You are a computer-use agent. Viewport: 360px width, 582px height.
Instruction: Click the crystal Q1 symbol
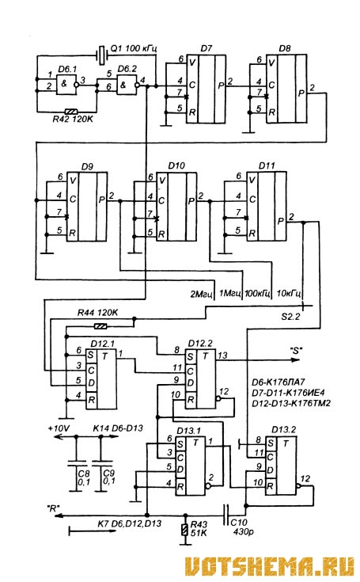pos(102,55)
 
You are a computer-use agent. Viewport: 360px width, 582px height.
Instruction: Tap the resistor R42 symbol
pos(71,112)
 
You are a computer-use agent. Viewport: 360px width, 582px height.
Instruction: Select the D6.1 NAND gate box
pos(66,84)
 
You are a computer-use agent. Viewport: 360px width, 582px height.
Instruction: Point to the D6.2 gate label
pos(127,69)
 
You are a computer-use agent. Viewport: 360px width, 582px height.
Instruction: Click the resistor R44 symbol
pos(100,326)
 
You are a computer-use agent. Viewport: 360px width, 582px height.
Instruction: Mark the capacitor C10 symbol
pos(225,515)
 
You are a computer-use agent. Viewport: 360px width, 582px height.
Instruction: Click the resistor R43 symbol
pos(185,530)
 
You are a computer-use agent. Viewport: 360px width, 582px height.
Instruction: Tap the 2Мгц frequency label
pos(201,295)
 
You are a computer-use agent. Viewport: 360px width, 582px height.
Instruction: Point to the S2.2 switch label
pos(290,317)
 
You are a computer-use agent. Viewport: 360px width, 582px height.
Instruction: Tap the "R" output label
pos(53,508)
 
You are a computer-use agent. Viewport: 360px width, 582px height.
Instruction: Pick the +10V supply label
pos(59,428)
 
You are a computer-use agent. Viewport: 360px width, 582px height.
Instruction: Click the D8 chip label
pos(285,48)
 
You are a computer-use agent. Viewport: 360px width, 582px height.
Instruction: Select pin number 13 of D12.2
pos(222,356)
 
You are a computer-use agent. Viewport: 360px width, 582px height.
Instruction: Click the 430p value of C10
pos(244,532)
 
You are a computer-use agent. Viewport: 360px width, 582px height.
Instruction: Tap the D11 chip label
pos(267,165)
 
